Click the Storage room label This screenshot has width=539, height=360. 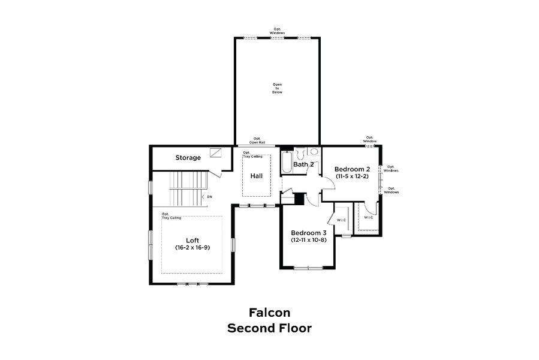[x=188, y=158]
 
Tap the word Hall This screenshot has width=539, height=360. [x=257, y=176]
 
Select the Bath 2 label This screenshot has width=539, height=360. [x=304, y=164]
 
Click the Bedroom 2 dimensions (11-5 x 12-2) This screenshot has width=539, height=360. [x=352, y=178]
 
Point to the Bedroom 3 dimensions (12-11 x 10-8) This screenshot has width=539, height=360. [x=308, y=241]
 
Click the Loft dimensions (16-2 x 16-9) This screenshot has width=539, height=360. [x=192, y=247]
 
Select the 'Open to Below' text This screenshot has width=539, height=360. [x=277, y=88]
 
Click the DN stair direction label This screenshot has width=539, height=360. [x=209, y=197]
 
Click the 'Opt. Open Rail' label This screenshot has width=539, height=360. [x=256, y=140]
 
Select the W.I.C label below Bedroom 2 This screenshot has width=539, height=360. [x=368, y=217]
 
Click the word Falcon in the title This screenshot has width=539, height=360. [x=269, y=312]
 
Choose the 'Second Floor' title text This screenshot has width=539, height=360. [x=269, y=328]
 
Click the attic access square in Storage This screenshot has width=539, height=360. [x=216, y=153]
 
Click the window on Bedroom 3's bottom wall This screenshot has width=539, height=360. [x=309, y=267]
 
